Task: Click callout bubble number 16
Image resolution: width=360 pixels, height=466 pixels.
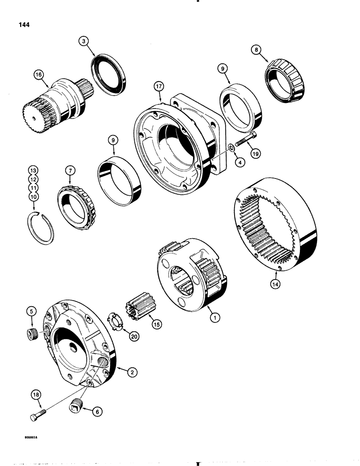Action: (38, 74)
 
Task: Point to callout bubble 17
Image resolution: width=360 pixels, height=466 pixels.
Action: (159, 87)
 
